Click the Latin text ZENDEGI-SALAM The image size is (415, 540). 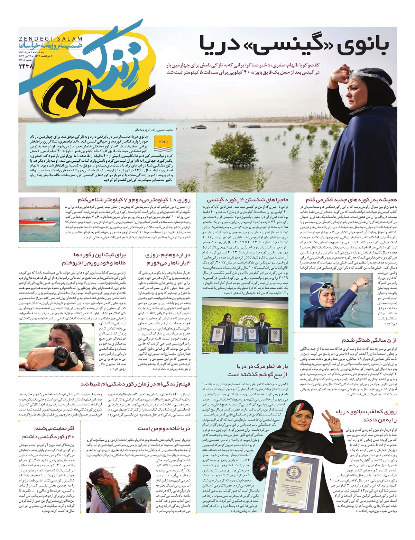50,39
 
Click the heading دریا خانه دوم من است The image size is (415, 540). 164,428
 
